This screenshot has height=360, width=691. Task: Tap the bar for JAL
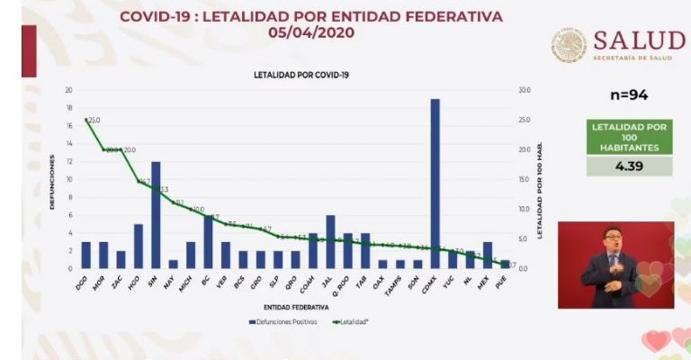point(330,241)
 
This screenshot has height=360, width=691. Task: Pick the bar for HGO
point(139,246)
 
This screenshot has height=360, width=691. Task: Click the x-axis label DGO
point(84,282)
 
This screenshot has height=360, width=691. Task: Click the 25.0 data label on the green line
point(94,120)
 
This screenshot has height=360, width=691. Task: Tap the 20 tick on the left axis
point(69,90)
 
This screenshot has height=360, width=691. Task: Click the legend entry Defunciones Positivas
point(277,321)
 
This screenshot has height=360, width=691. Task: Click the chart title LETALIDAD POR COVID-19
point(301,75)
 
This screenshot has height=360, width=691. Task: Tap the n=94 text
point(629,95)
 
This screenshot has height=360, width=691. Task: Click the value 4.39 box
point(629,166)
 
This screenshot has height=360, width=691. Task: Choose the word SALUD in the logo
point(639,40)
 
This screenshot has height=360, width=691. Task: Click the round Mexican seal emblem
point(569,44)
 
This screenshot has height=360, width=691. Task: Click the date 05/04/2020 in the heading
point(311,32)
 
